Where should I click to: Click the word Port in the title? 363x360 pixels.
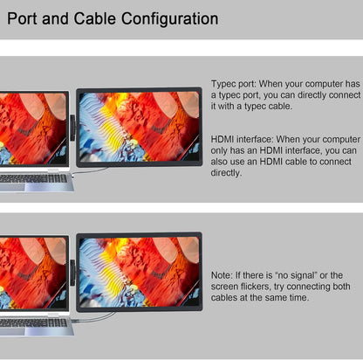tap(22, 18)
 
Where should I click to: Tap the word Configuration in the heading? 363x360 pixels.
tap(169, 19)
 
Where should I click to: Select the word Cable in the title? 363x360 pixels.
tap(94, 18)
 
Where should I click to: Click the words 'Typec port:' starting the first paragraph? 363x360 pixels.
tap(234, 84)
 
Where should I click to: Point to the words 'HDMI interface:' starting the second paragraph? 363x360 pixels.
tap(242, 139)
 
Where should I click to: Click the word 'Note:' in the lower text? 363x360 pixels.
tap(222, 275)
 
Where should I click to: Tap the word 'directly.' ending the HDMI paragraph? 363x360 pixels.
tap(226, 173)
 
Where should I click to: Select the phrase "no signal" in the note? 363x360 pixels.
tap(296, 275)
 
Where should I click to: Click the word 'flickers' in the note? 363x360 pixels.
tap(256, 287)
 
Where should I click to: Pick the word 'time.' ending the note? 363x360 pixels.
tap(299, 297)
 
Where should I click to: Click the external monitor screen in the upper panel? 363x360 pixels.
tap(139, 128)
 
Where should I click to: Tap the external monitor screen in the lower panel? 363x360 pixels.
tap(139, 272)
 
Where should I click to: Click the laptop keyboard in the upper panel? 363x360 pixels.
tap(33, 178)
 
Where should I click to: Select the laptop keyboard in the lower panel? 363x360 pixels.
tap(33, 322)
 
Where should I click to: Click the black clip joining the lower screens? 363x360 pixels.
tap(72, 273)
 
